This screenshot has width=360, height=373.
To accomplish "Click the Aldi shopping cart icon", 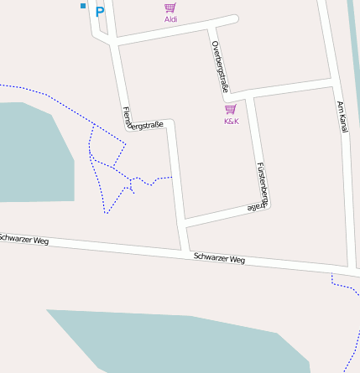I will point(170,8).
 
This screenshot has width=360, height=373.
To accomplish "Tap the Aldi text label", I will point(170,19).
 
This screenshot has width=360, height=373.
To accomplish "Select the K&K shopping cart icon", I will point(231,109).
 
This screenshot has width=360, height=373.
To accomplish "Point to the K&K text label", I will point(231,122).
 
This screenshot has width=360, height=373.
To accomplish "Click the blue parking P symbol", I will point(100,12).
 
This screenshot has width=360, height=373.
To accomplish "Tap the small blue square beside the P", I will point(83,6).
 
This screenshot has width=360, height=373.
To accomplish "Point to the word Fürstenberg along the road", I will point(263,183).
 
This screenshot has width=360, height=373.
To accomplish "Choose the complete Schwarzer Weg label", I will point(218,259).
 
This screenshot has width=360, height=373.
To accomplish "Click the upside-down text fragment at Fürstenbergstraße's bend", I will point(254,206).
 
